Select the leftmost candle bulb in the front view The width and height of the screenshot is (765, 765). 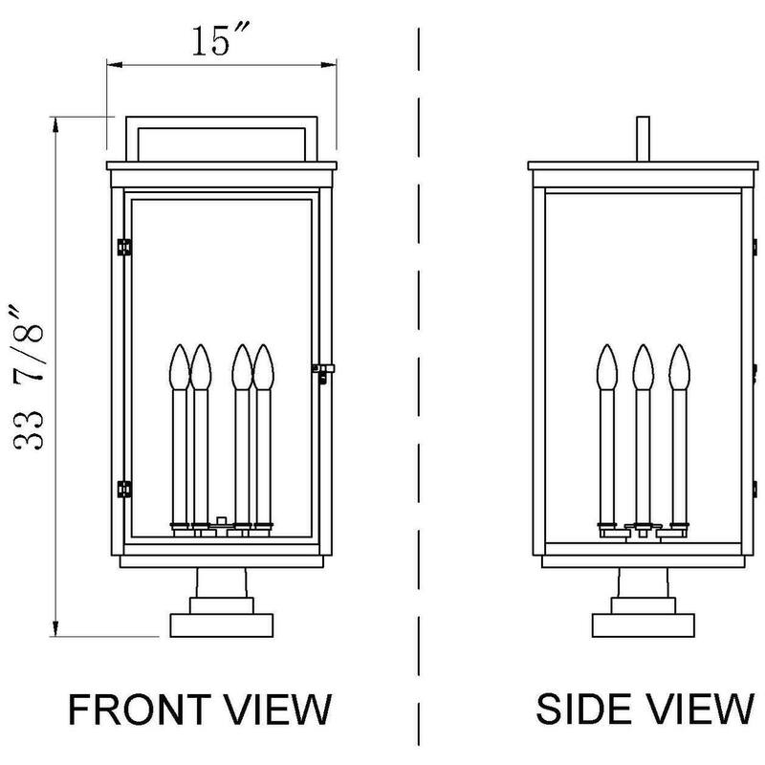coord(178,365)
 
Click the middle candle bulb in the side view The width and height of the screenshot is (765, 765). coord(643,365)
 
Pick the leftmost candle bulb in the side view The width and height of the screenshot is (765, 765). coord(606,365)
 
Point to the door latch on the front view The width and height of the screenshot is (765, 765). coord(323,371)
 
